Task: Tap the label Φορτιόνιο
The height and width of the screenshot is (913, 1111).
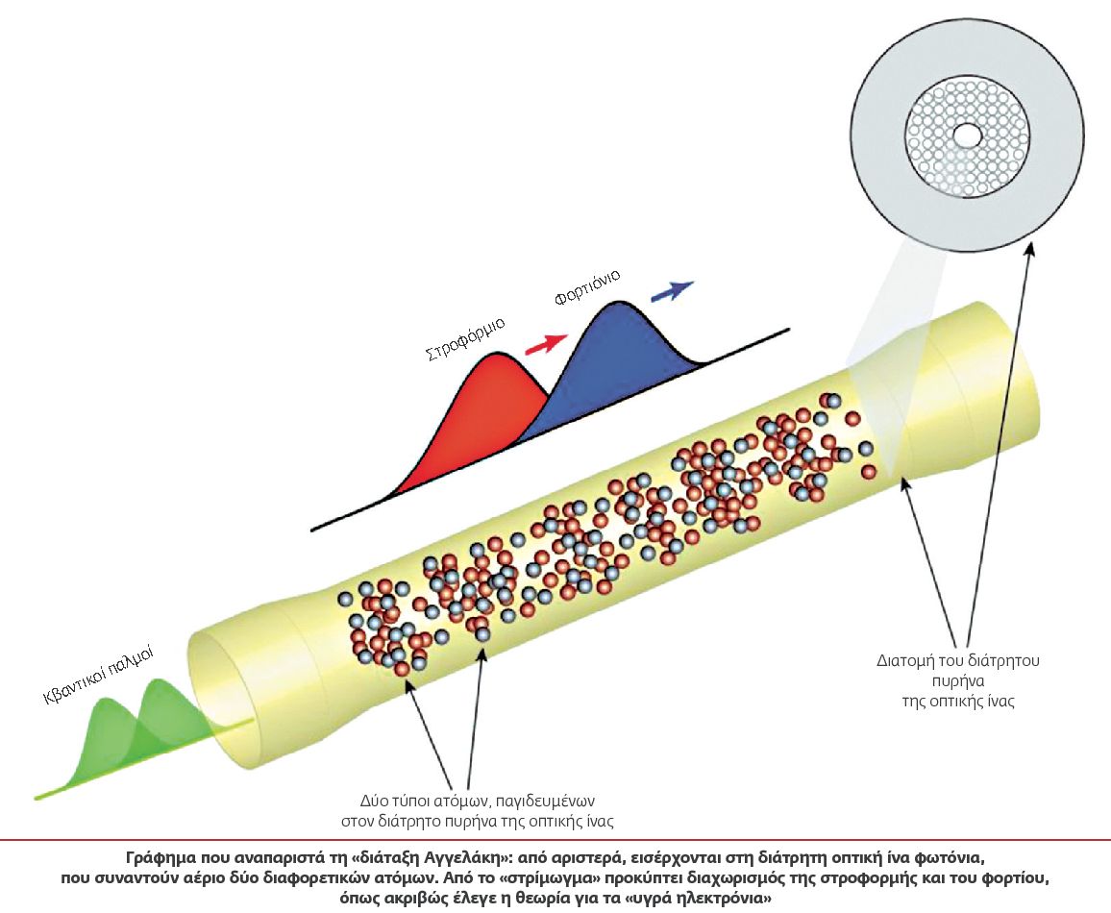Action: pos(587,287)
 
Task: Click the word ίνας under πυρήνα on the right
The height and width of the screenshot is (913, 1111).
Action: pos(999,702)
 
